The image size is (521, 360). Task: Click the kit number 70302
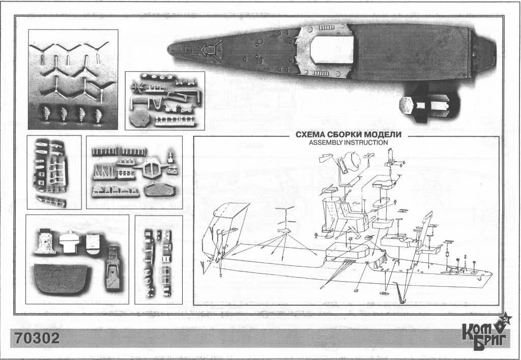tap(37, 339)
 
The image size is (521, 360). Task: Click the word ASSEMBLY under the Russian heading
tap(325, 142)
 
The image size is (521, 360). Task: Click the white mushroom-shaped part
tap(70, 242)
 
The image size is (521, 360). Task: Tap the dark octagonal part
tap(140, 119)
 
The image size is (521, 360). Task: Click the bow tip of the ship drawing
tap(492, 274)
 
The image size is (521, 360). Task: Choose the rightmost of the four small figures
tap(98, 115)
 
